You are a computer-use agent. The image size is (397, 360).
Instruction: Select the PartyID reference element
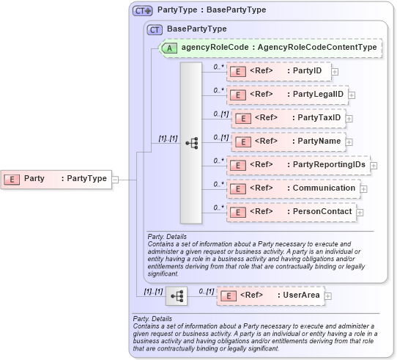coord(278,71)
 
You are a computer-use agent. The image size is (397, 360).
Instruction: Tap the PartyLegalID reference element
coord(286,95)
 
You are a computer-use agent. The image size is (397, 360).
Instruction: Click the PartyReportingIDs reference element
coord(297,165)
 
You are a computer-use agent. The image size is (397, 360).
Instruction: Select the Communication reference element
coord(292,188)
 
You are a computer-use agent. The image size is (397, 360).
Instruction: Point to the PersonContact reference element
coord(291,212)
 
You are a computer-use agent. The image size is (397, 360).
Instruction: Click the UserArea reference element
coord(270,295)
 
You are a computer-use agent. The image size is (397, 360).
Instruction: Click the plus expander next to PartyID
coord(335,72)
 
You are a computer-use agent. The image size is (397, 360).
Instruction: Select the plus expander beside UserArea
coord(327,295)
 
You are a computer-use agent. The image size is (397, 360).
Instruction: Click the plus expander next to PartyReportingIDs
coord(374,166)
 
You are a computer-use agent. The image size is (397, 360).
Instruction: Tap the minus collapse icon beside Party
coord(115,178)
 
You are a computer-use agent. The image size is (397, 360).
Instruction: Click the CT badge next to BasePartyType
coord(155,29)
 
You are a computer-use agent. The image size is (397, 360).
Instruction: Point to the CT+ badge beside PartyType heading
coord(143,10)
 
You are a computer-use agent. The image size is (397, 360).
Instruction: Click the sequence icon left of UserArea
coord(176,295)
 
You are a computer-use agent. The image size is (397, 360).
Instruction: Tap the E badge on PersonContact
coord(237,212)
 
